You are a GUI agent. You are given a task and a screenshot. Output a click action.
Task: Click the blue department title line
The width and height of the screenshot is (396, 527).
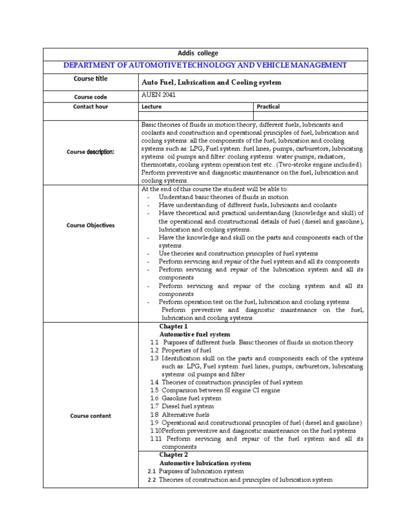(x=205, y=65)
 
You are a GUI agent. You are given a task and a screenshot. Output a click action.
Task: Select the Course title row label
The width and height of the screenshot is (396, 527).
(x=91, y=79)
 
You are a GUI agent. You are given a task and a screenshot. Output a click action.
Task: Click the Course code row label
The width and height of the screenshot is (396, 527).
(x=91, y=97)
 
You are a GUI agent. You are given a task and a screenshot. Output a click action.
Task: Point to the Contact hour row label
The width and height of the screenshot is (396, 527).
(x=91, y=107)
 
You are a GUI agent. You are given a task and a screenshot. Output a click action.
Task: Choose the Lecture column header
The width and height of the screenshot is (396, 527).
(x=152, y=107)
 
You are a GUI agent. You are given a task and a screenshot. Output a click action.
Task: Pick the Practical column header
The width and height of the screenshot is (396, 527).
(x=268, y=107)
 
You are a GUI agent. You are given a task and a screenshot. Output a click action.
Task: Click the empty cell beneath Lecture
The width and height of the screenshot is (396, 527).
(x=196, y=116)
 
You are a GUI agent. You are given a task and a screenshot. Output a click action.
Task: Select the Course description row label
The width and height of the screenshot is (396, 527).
(x=91, y=152)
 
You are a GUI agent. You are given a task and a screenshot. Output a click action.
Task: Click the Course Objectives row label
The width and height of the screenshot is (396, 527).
(x=91, y=225)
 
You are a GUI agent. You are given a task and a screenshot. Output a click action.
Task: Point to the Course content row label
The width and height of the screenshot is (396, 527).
(x=91, y=416)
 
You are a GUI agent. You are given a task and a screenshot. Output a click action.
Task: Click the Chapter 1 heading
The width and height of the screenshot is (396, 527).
(x=174, y=326)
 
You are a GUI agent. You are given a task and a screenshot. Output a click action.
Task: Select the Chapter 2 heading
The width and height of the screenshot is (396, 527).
(x=174, y=455)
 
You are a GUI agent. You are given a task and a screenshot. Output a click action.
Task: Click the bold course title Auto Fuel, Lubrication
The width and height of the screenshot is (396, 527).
(x=211, y=82)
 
